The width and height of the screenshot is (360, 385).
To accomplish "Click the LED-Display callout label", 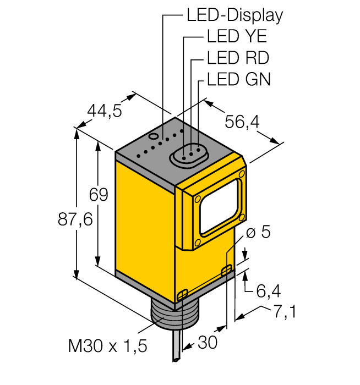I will coord(234,15).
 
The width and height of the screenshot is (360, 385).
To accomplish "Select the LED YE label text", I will coord(237,37).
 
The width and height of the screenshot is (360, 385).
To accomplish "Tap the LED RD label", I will coord(238,58).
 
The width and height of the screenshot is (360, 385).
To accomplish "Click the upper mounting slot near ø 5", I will coord(226,270).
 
